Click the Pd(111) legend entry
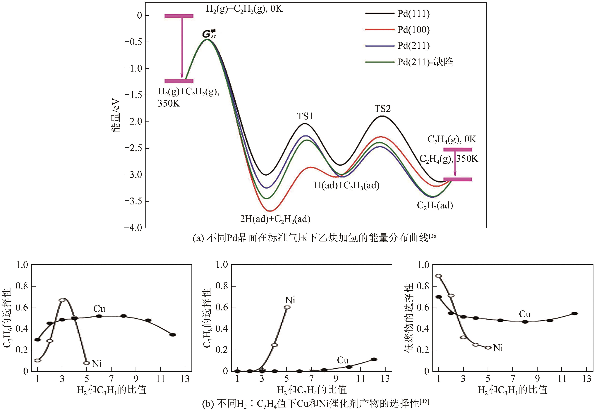[413, 14]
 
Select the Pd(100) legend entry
[413, 30]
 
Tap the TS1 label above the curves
[305, 116]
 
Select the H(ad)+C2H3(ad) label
[347, 185]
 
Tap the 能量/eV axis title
[115, 115]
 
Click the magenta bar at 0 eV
[179, 16]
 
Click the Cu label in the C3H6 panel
[99, 309]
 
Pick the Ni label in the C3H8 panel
[290, 300]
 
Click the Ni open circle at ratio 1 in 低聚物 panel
[439, 276]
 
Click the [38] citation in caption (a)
[434, 236]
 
